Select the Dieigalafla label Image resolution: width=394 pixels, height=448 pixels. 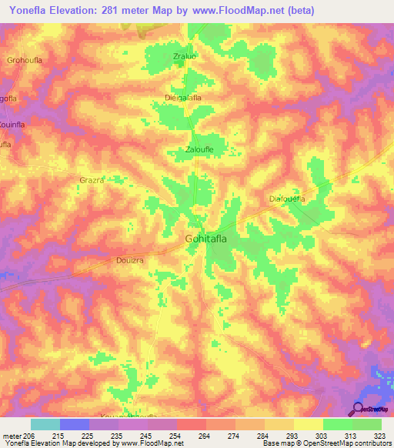(x=183, y=98)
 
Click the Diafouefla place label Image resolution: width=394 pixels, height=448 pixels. (x=287, y=199)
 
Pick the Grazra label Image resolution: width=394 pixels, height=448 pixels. (x=92, y=180)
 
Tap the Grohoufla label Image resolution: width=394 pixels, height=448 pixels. (x=23, y=59)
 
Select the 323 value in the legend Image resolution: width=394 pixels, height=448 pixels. (x=379, y=436)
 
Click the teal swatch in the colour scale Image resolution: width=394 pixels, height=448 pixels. (x=45, y=424)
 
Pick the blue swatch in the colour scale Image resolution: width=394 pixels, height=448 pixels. (x=74, y=424)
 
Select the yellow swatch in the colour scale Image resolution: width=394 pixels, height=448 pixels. (x=308, y=424)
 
